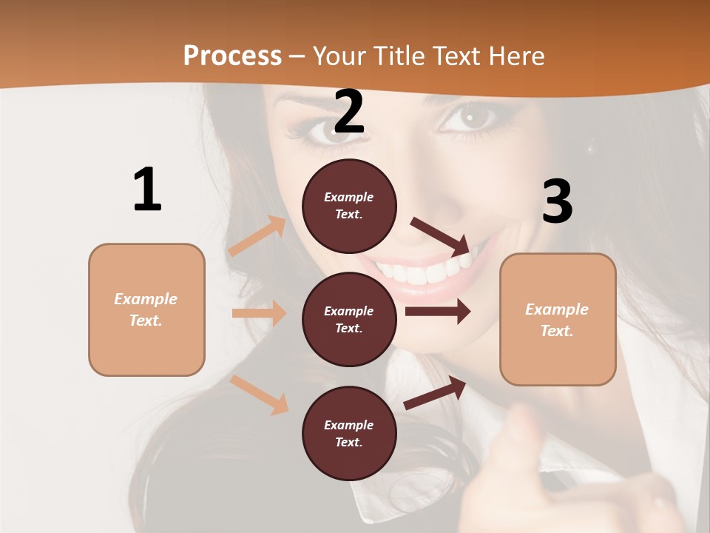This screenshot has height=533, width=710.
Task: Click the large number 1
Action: (147, 190)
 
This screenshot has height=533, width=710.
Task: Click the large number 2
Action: (349, 113)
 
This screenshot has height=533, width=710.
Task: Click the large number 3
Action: (557, 201)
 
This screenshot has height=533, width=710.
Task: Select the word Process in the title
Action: (232, 56)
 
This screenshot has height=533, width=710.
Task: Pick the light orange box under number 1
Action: (146, 309)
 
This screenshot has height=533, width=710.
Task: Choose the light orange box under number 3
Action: (558, 320)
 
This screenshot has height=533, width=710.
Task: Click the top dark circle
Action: (349, 206)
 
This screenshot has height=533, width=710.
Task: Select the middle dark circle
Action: (349, 320)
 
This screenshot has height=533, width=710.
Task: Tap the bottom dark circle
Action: (349, 434)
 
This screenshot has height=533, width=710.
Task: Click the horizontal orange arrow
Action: (259, 313)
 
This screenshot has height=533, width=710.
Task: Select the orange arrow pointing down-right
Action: (260, 395)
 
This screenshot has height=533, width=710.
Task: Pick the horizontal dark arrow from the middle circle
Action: (438, 312)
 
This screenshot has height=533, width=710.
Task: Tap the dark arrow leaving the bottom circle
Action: (436, 392)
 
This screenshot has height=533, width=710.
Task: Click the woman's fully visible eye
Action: (469, 116)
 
